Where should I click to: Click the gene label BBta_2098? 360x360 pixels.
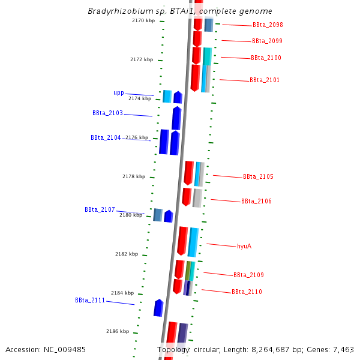pos(268,25)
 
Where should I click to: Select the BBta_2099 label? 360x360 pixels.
pos(267,41)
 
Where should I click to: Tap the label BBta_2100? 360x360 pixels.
pos(266,58)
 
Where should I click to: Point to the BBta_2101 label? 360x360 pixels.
pos(265,80)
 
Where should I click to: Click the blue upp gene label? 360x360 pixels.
pos(119,93)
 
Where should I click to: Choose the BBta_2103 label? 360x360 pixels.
pos(107,113)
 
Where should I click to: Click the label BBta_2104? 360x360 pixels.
pos(106,137)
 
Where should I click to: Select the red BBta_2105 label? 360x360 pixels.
pos(258,177)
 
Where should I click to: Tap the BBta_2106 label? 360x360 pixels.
pos(256,202)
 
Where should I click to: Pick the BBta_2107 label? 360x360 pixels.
pos(100,210)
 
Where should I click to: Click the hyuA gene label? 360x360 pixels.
pos(244,246)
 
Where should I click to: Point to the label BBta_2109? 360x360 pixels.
pos(248,275)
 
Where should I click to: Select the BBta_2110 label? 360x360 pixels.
pos(247,292)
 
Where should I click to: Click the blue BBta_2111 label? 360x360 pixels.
pos(90,300)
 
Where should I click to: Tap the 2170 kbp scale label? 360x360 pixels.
pos(143,21)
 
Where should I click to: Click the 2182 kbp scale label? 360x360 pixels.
pos(127,254)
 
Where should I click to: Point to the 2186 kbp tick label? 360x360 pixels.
pos(118,331)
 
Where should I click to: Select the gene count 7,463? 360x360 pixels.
pos(341,349)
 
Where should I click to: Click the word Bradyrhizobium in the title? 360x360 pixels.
pos(116,11)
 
